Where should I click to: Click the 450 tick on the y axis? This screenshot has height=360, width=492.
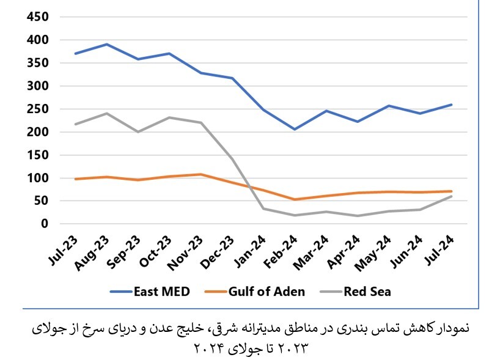tap(37, 17)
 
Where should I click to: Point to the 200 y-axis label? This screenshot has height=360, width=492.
tap(37, 132)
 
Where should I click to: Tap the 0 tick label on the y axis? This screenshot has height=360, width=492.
tap(45, 224)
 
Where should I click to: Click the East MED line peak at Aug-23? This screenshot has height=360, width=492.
tap(107, 44)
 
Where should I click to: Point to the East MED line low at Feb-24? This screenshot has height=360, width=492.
tap(295, 129)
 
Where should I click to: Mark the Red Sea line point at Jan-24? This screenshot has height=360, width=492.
tap(263, 209)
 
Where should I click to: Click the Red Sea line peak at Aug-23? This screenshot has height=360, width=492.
tap(107, 113)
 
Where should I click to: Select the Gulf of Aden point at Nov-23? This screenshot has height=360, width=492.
tap(200, 174)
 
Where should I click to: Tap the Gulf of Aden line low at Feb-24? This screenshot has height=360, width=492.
tap(295, 199)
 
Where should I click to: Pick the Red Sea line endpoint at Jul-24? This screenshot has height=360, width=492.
tap(451, 196)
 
